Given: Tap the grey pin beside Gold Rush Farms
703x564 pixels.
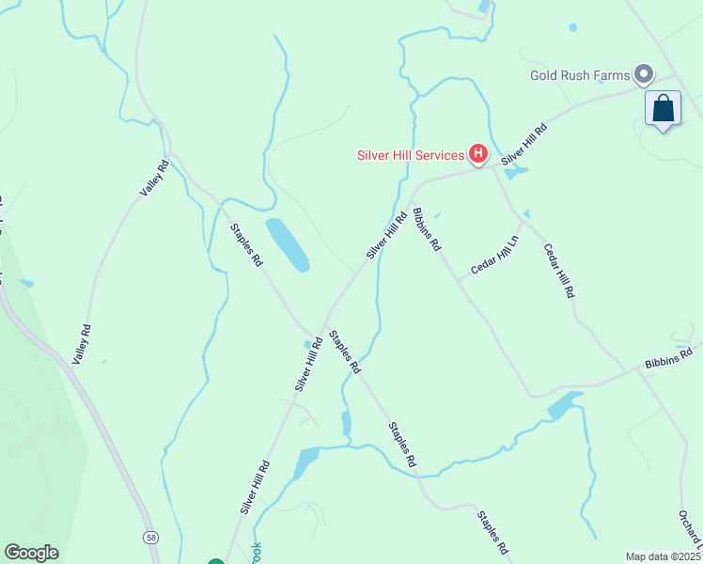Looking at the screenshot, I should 644,73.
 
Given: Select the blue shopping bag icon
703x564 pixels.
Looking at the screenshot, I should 664,108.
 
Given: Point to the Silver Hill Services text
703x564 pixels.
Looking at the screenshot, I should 410,155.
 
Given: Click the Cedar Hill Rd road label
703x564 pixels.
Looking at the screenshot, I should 558,271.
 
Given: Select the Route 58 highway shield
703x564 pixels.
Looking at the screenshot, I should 150,537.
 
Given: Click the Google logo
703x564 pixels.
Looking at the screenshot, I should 31,553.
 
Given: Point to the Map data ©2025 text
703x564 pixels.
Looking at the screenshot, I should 663,556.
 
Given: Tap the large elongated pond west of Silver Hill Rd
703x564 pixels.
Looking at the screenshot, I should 287,244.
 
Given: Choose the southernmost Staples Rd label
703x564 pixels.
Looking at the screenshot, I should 492,532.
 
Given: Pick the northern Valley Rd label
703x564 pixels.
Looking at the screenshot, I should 153,178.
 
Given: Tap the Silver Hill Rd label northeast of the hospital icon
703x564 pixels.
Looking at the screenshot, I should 523,144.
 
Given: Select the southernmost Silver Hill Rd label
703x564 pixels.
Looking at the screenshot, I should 255,486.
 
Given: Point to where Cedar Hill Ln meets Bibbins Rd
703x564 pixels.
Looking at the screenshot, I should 460,280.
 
